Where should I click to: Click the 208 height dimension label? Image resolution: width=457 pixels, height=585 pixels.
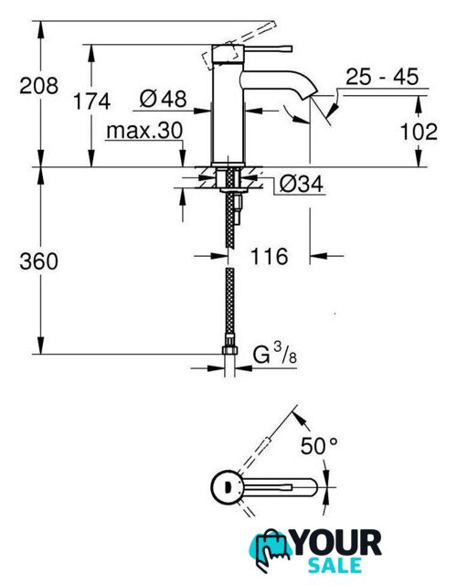point(38,86)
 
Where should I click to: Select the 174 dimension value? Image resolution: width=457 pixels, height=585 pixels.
point(91,101)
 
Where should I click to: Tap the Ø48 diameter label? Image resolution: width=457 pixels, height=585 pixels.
point(163,99)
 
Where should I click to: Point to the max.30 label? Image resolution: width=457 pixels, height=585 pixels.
point(144,131)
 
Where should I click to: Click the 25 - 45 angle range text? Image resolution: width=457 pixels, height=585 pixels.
point(382,77)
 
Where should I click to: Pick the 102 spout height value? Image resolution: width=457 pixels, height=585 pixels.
point(419,132)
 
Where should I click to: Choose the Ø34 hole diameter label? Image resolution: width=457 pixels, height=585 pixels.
point(302,184)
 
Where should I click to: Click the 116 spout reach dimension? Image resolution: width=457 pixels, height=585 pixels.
point(269,256)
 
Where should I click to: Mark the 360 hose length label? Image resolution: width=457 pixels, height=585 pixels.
point(38,261)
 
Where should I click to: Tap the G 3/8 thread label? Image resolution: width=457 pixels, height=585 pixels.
point(275,354)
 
